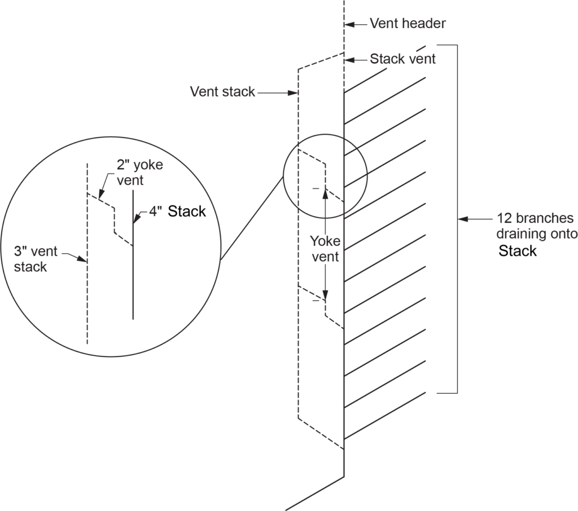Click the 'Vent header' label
point(408,24)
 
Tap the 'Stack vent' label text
point(402,59)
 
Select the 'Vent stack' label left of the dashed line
point(222,91)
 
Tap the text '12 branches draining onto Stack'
point(535,234)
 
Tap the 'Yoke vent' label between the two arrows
point(325,249)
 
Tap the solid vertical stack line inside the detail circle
point(133,271)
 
